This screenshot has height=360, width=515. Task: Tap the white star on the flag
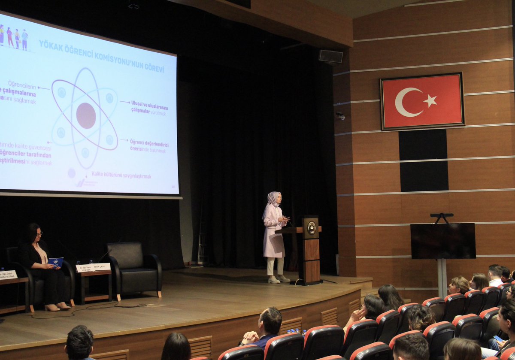pos(430,101)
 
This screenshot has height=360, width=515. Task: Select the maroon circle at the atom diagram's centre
pos(86,115)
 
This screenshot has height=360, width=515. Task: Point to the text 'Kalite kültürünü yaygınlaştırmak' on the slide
pos(121,175)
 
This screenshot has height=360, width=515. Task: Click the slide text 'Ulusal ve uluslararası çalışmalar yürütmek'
pos(149,108)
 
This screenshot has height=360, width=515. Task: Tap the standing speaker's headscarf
pos(273,199)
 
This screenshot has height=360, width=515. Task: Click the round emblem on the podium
pos(311,227)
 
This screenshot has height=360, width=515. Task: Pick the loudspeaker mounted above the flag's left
pos(330,56)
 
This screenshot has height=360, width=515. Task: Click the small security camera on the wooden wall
pos(340,116)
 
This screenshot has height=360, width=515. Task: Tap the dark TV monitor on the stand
pos(443,241)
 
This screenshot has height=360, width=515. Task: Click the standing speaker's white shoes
pos(278,279)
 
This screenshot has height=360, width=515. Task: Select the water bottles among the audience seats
pos(295,331)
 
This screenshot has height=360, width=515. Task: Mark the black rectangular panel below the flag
pos(423,160)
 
